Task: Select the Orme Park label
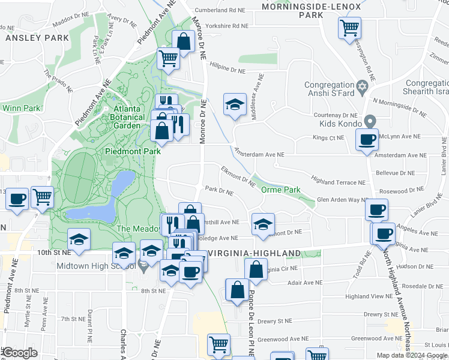pos(280,190)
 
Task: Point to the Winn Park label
pos(21,108)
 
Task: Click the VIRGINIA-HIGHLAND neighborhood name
pos(253,253)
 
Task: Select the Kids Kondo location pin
pos(370,122)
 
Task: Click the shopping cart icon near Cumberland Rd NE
pos(349,27)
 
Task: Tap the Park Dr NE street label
pos(219,191)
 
